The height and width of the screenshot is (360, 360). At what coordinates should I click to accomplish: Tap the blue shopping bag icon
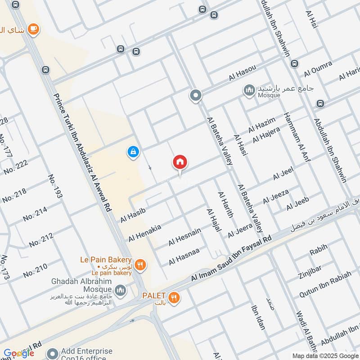pyautogui.click(x=133, y=153)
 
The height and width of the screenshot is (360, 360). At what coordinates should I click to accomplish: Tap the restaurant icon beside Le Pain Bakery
pyautogui.click(x=140, y=265)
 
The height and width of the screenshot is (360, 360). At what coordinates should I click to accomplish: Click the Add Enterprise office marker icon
pyautogui.click(x=53, y=353)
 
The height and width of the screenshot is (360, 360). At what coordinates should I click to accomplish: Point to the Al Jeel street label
pyautogui.click(x=283, y=175)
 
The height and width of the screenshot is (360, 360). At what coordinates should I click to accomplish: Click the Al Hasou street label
pyautogui.click(x=242, y=73)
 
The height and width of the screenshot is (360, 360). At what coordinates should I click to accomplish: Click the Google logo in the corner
pyautogui.click(x=19, y=353)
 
